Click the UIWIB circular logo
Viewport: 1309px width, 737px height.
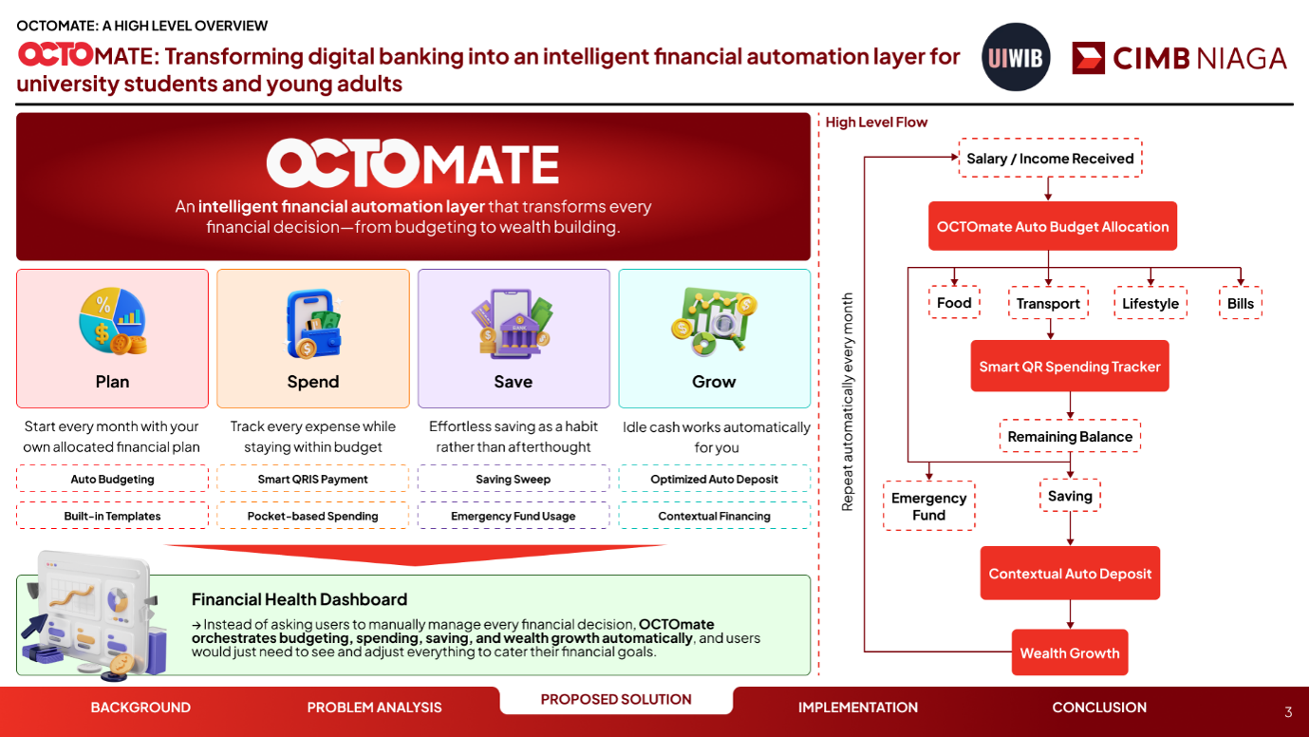[1016, 57]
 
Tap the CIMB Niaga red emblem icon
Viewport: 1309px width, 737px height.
[1088, 58]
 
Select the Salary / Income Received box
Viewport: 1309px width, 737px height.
[1050, 158]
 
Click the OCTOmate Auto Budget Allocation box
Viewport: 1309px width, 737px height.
[1053, 226]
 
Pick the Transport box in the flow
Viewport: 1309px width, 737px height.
[1048, 303]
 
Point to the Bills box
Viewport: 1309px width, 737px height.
[1240, 303]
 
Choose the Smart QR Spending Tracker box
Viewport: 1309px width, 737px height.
[1070, 366]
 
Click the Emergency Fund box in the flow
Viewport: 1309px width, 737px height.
[928, 506]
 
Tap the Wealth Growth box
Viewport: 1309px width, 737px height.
[1070, 652]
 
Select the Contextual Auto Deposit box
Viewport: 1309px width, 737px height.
[1070, 573]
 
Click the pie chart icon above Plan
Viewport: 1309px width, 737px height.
[113, 321]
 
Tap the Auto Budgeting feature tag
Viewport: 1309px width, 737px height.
[112, 479]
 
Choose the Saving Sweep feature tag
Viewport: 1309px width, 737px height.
[514, 479]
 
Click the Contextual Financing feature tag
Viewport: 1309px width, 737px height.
[714, 516]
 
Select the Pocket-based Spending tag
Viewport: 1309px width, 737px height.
[312, 516]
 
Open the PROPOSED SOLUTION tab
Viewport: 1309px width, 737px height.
[616, 700]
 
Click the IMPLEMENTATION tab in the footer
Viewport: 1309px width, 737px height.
[858, 708]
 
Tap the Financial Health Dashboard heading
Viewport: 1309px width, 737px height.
[299, 599]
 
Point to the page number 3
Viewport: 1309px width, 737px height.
[1288, 712]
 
